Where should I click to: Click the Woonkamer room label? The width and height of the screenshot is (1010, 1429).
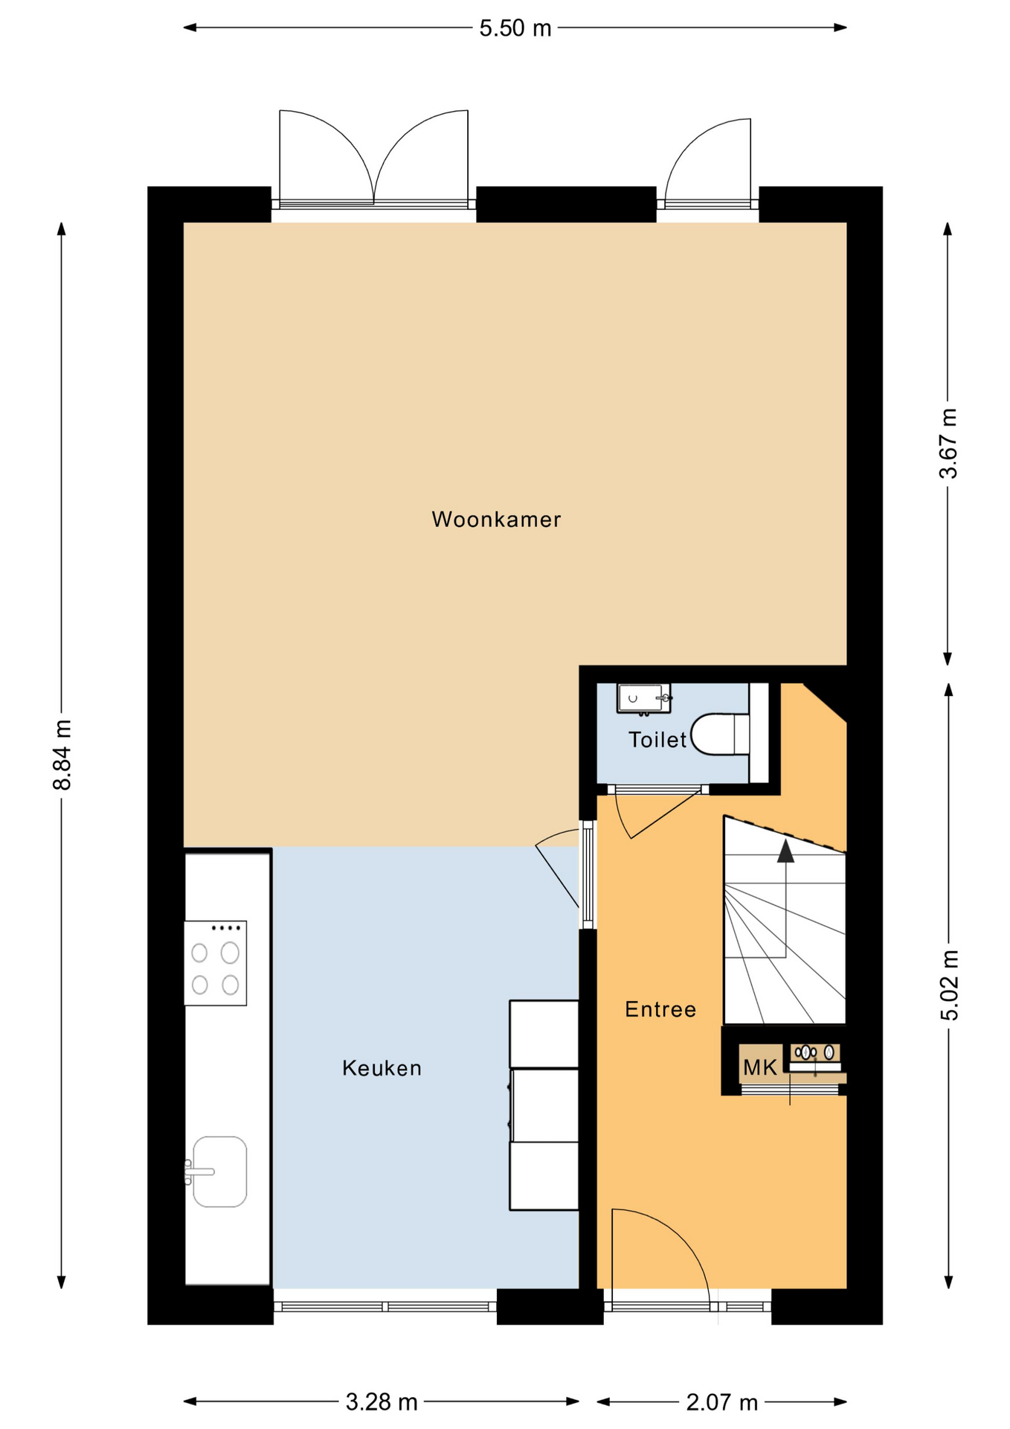pyautogui.click(x=496, y=520)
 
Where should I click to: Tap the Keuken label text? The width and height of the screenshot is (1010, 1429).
pyautogui.click(x=382, y=1069)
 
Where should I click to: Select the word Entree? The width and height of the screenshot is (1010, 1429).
pyautogui.click(x=660, y=1010)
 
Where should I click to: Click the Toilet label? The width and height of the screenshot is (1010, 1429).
pyautogui.click(x=657, y=740)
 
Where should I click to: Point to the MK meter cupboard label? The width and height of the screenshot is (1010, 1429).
pyautogui.click(x=759, y=1068)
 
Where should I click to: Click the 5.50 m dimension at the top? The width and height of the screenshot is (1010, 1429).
pyautogui.click(x=515, y=28)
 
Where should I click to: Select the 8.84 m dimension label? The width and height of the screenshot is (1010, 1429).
pyautogui.click(x=62, y=755)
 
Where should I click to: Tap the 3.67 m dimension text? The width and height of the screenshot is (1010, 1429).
pyautogui.click(x=948, y=444)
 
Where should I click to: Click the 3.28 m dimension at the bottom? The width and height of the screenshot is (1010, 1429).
pyautogui.click(x=381, y=1403)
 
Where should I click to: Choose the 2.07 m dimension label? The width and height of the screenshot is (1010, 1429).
pyautogui.click(x=721, y=1403)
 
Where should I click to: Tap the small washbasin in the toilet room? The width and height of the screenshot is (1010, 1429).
pyautogui.click(x=643, y=699)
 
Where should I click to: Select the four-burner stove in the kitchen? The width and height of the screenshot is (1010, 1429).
pyautogui.click(x=215, y=963)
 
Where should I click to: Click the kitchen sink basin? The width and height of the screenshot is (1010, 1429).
pyautogui.click(x=219, y=1171)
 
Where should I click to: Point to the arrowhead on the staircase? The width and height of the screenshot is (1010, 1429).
pyautogui.click(x=785, y=851)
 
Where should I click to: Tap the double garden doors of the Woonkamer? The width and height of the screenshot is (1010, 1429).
pyautogui.click(x=373, y=160)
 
